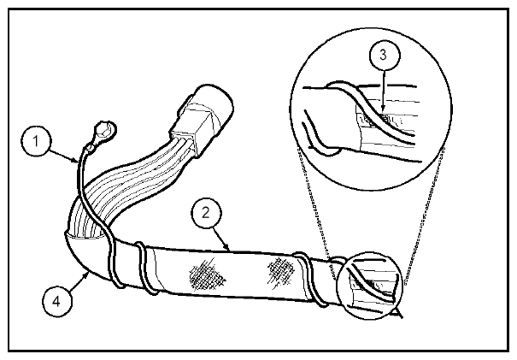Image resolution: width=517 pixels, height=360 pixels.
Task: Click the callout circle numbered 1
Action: point(36,141)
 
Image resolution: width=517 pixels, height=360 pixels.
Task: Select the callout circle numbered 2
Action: point(207,213)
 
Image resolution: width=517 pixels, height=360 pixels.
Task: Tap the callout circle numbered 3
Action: point(385,55)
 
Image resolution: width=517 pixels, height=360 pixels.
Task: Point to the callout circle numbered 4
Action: point(57,301)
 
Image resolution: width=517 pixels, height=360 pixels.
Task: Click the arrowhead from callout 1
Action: point(75,161)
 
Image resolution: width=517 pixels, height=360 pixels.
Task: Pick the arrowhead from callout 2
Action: point(226,246)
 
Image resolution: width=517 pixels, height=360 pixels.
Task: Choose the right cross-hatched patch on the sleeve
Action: point(280,272)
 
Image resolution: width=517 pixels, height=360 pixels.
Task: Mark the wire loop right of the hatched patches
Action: point(310,279)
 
